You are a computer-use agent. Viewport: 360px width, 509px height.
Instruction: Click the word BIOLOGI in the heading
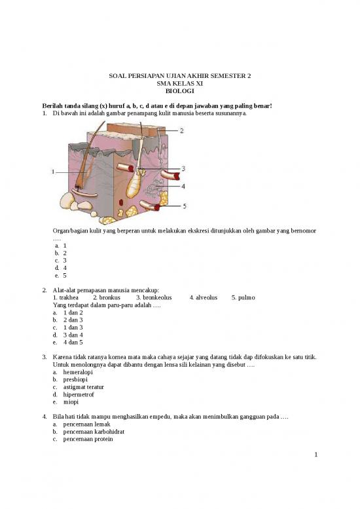pos(179,92)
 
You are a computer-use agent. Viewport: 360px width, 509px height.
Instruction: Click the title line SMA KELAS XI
pos(179,85)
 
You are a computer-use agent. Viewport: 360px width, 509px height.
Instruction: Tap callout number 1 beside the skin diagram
pos(52,172)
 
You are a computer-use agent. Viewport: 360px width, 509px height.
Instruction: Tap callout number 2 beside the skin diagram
pos(182,130)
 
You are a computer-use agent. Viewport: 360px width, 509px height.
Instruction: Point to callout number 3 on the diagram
pos(185,168)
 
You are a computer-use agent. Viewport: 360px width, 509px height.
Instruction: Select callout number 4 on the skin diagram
pos(183,186)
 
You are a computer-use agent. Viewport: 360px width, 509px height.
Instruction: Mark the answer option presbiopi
pos(76,379)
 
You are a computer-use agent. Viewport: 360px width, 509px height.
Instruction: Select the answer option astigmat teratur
pos(84,387)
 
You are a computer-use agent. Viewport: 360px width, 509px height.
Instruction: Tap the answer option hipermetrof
pos(79,394)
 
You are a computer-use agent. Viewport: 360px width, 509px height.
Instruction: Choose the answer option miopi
pos(71,402)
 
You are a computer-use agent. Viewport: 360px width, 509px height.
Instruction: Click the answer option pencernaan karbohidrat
pos(94,432)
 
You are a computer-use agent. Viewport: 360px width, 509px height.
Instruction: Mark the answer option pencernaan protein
pos(88,440)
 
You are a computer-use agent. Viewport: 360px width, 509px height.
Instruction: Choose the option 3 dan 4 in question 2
pos(73,335)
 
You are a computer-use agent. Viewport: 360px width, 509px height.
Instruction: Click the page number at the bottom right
pos(315,454)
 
